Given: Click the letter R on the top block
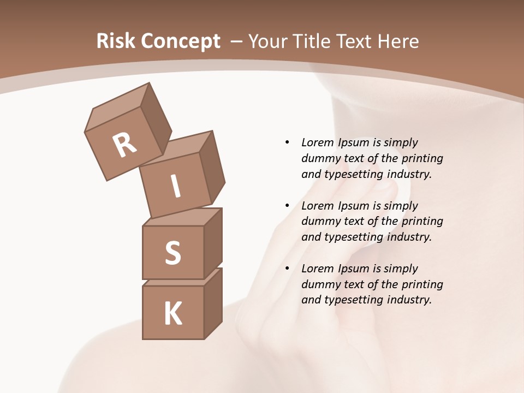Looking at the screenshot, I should pos(124,145).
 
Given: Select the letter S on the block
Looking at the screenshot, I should pos(172,253).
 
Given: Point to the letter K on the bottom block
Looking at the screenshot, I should pos(172,314).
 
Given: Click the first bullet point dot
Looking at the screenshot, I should pos(287,142).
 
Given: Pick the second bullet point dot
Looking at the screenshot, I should pos(287,206).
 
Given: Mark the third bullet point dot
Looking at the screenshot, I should pos(287,269).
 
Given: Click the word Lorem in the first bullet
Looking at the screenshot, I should pos(318,142).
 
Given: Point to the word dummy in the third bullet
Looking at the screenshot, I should pos(318,284).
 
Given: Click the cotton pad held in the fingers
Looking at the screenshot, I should pos(402,188).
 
